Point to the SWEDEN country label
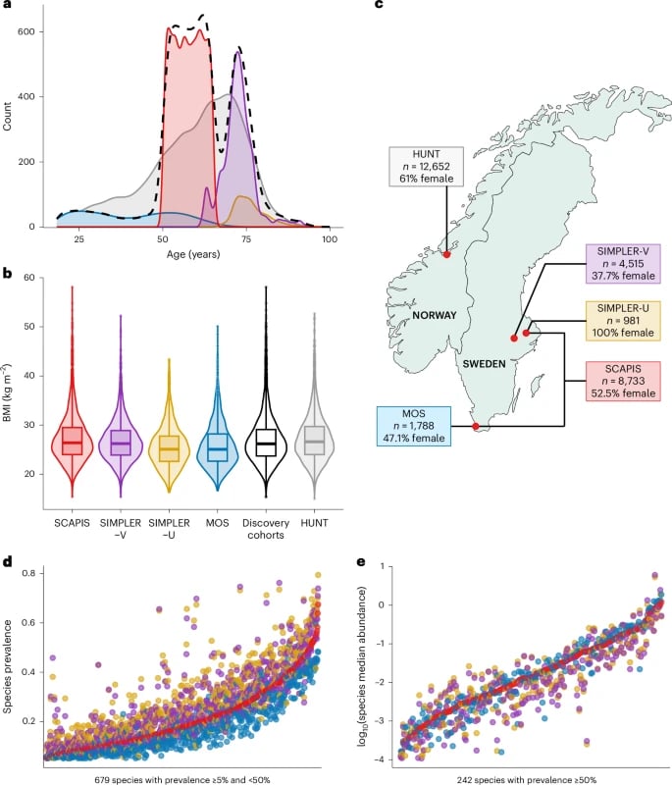point(485,363)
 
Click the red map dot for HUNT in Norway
point(447,255)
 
